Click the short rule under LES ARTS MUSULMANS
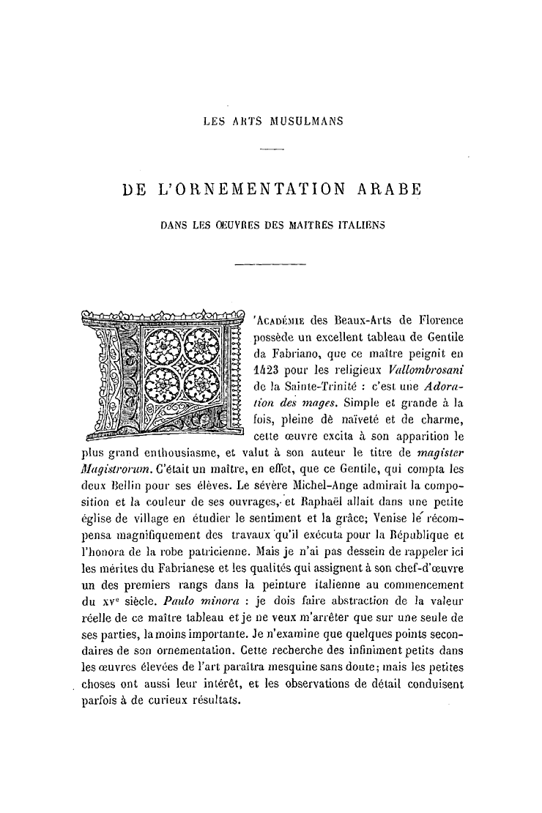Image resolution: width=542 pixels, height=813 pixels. [x=272, y=150]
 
